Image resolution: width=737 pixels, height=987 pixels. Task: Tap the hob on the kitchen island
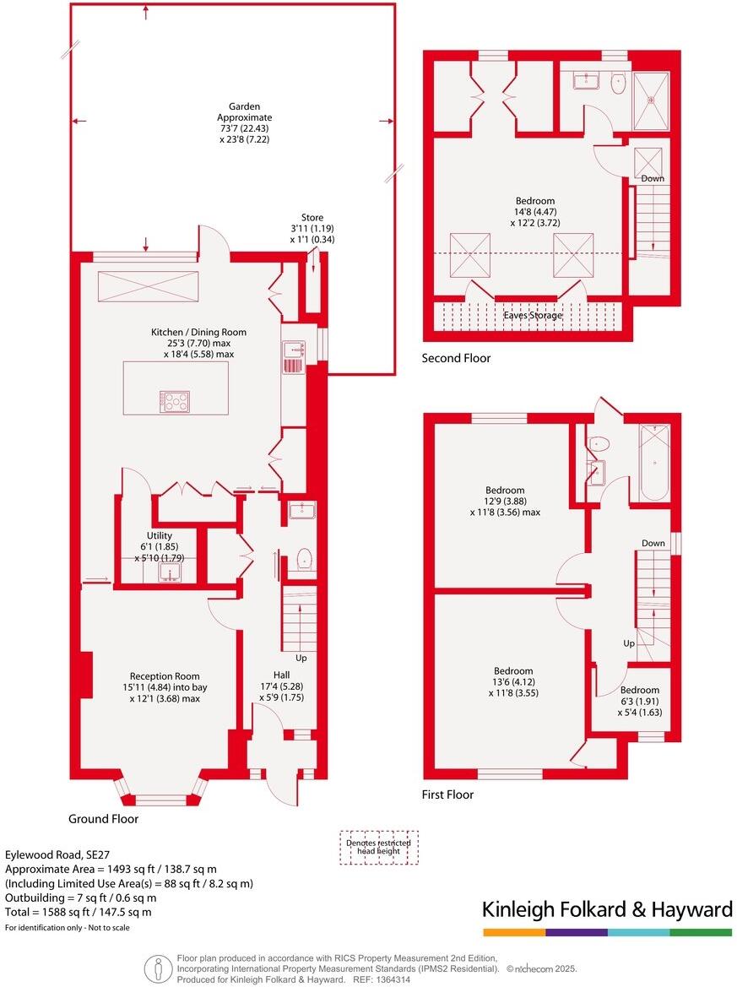(175, 402)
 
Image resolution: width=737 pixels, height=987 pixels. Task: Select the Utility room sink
(171, 573)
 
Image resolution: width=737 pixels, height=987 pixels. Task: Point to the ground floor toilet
(306, 558)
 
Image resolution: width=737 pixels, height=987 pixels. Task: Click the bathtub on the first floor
(654, 464)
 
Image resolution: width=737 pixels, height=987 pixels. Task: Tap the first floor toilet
(599, 443)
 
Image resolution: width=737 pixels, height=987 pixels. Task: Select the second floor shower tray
(652, 99)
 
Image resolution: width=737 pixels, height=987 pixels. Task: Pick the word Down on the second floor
(653, 178)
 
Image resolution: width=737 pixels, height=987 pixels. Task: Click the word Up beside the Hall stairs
(301, 658)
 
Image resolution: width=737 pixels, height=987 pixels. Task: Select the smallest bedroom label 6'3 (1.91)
(640, 701)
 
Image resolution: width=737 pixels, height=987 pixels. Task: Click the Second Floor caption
(456, 358)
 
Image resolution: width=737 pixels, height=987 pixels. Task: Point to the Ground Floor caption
(104, 819)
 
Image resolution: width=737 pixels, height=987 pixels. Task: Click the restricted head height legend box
(378, 847)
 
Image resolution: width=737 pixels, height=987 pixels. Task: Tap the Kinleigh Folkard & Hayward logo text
(606, 909)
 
